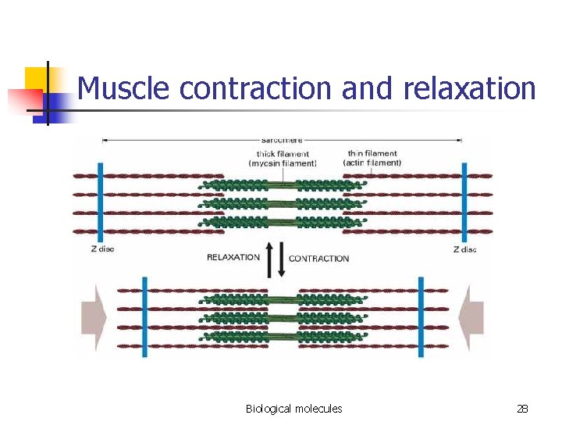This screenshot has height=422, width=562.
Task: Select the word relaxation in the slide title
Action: [470, 88]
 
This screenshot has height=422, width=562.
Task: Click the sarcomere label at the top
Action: [281, 140]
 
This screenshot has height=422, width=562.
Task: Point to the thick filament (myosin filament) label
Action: [283, 159]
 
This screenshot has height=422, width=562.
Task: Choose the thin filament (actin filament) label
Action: [372, 159]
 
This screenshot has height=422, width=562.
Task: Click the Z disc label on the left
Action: [101, 250]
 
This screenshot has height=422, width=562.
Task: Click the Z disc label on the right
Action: [465, 250]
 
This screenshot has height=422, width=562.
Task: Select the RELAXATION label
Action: [233, 257]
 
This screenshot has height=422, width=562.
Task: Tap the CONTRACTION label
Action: [319, 258]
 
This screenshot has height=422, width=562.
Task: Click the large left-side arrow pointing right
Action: [93, 316]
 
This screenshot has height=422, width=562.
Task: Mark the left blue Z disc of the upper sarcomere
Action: [100, 202]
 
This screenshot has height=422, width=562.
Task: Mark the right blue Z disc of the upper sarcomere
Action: [464, 202]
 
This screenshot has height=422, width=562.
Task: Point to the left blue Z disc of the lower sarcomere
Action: [144, 316]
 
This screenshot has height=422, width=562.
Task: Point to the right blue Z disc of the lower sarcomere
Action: [421, 316]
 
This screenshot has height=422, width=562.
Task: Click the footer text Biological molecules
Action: [293, 409]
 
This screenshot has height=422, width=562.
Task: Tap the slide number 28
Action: [522, 409]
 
